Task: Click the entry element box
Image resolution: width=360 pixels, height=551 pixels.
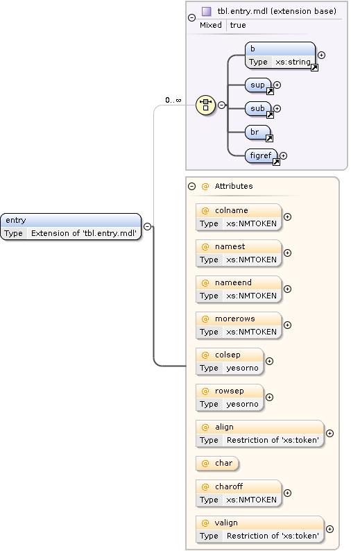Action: (x=71, y=227)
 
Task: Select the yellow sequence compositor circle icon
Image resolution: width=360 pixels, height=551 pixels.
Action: (x=205, y=105)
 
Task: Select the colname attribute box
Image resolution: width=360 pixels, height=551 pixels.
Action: (x=239, y=217)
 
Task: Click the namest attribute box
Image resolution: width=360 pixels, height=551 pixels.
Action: (x=239, y=253)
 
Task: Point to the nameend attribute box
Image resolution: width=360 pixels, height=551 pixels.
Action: (x=239, y=289)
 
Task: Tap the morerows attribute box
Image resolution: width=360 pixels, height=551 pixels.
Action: (x=239, y=325)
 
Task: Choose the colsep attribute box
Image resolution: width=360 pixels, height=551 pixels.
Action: (x=230, y=362)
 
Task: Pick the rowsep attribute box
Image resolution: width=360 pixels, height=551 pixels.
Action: (x=230, y=398)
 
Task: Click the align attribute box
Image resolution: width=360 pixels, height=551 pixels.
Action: (x=259, y=434)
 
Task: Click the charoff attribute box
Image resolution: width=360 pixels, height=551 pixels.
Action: (x=239, y=493)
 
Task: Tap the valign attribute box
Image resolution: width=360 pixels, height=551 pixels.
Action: (x=259, y=529)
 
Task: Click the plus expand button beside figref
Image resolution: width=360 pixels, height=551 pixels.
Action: (x=283, y=156)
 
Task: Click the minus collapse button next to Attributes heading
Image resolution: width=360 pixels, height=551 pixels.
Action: (x=191, y=187)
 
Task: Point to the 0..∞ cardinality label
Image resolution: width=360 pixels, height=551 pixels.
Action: (x=173, y=100)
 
